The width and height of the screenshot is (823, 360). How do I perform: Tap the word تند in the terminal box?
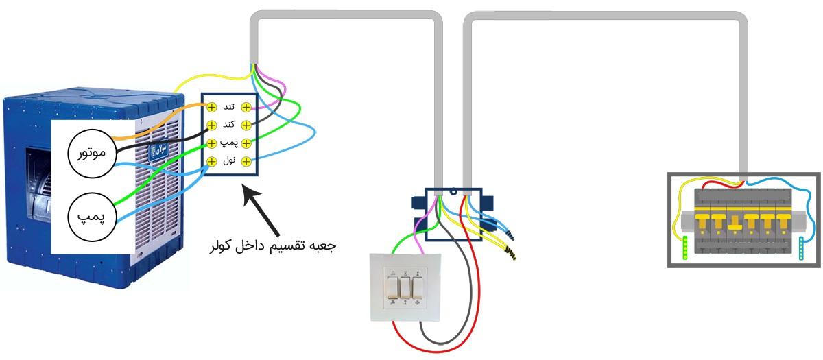click(230, 107)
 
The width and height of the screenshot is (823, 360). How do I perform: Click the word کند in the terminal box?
click(230, 125)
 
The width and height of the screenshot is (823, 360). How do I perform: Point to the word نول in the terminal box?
click(230, 162)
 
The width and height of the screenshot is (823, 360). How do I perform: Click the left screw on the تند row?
click(213, 107)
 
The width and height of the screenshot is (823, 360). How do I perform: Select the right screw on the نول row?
click(246, 162)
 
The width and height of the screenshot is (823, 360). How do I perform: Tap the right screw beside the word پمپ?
click(246, 143)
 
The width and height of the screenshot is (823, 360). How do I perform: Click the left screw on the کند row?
click(213, 125)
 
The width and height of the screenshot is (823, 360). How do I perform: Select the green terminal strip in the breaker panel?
click(687, 248)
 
